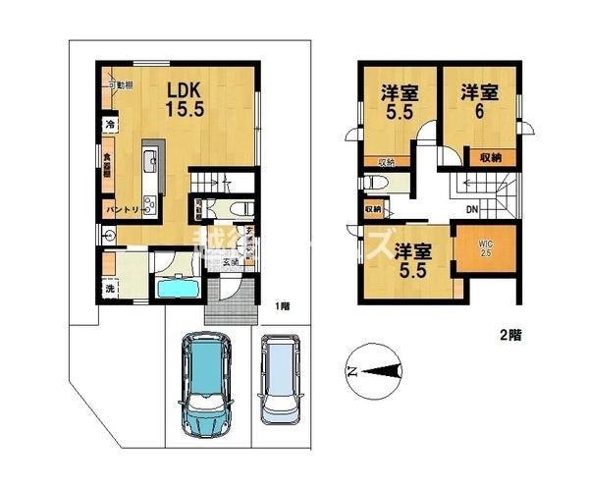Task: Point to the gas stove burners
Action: (x=150, y=205)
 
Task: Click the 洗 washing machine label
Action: (x=110, y=290)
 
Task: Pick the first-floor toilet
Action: (x=239, y=208)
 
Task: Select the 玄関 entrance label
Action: (x=229, y=261)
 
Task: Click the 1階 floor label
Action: (x=282, y=305)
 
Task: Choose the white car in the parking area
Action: (x=282, y=380)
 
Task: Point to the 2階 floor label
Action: (x=509, y=335)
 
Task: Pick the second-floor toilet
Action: (x=379, y=183)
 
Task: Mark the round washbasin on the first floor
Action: (x=107, y=236)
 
